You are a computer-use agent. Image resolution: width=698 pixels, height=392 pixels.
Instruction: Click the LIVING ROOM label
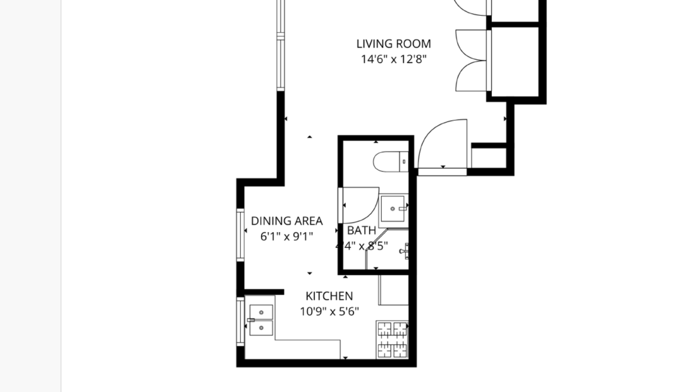coord(394,44)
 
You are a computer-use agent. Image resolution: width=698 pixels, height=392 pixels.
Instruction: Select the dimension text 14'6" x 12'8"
coord(394,60)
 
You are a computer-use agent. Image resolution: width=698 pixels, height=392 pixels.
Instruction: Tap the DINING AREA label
coord(287,221)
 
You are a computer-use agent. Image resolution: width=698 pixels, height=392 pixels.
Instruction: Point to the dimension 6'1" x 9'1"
coord(287,237)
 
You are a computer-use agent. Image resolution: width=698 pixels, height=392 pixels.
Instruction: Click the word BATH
coord(362,230)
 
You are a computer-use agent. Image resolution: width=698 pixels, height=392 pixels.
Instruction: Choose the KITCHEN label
coord(329,296)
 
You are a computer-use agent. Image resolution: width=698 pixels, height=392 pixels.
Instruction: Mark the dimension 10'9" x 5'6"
coord(329,311)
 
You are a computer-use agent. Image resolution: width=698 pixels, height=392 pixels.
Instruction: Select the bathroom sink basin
coord(394,206)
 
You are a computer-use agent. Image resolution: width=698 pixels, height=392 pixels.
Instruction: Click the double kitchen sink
coord(260,320)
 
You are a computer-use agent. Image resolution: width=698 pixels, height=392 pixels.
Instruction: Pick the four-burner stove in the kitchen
coord(392,340)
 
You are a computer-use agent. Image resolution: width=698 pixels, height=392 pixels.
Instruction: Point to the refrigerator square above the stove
coord(393,290)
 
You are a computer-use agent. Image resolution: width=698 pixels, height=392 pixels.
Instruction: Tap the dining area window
coord(240,234)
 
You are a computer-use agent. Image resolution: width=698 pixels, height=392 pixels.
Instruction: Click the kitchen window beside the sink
coord(240,321)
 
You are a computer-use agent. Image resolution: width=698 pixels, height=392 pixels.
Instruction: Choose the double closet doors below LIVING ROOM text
coord(472,60)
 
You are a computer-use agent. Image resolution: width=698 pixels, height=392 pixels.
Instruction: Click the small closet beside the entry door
coord(489,158)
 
